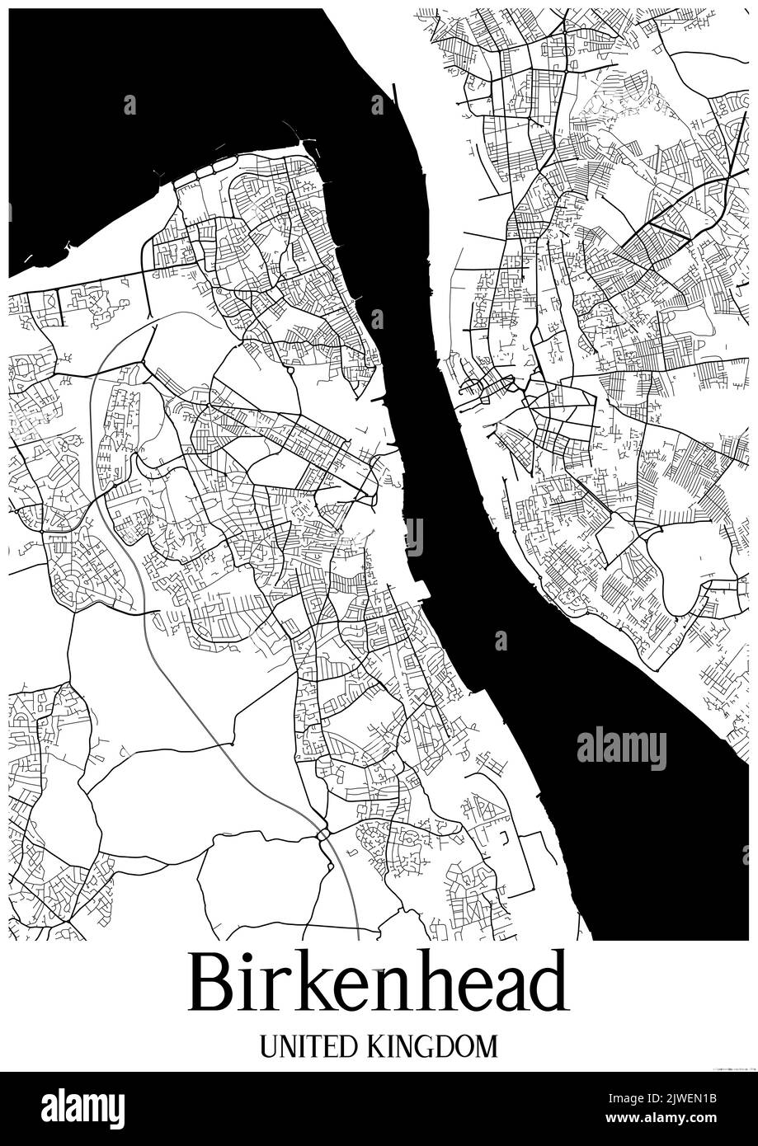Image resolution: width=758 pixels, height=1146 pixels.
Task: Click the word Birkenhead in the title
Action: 379,982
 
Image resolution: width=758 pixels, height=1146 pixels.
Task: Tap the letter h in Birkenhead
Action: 426,982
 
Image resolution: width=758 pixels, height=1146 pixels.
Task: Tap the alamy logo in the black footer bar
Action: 83,1108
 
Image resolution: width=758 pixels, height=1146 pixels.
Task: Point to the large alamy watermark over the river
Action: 621,749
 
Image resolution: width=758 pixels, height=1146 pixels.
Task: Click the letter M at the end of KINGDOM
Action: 487,1046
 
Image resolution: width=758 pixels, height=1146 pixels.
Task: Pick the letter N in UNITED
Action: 285,1046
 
